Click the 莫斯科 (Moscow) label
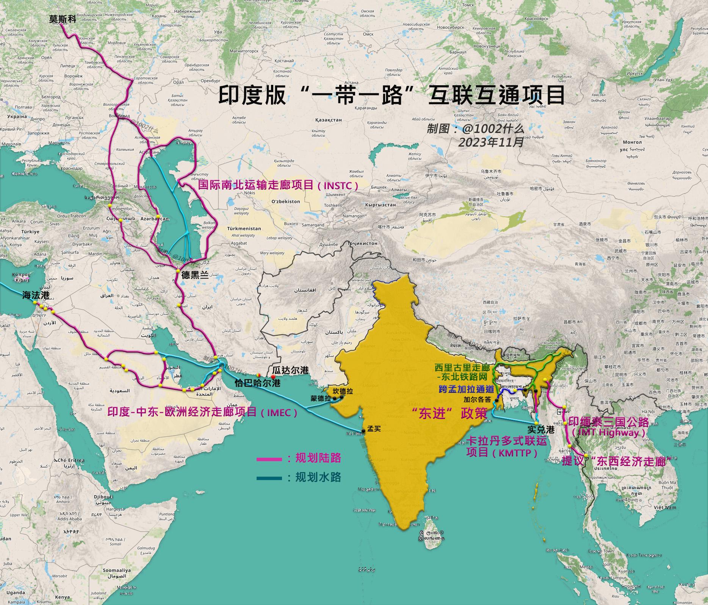click(x=63, y=19)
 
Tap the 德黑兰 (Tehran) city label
click(x=195, y=275)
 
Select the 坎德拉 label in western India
click(x=343, y=391)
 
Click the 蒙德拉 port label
click(x=321, y=399)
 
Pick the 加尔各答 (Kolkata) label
click(x=477, y=399)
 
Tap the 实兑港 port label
click(x=541, y=430)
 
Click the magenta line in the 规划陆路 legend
click(x=269, y=460)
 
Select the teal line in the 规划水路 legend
click(x=269, y=478)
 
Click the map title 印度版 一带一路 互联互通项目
click(x=391, y=95)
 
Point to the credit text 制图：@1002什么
click(x=476, y=129)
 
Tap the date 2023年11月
click(x=491, y=142)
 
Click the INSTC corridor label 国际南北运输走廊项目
click(x=278, y=185)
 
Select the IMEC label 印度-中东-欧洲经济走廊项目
click(x=202, y=412)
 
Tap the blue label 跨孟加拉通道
click(x=465, y=389)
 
